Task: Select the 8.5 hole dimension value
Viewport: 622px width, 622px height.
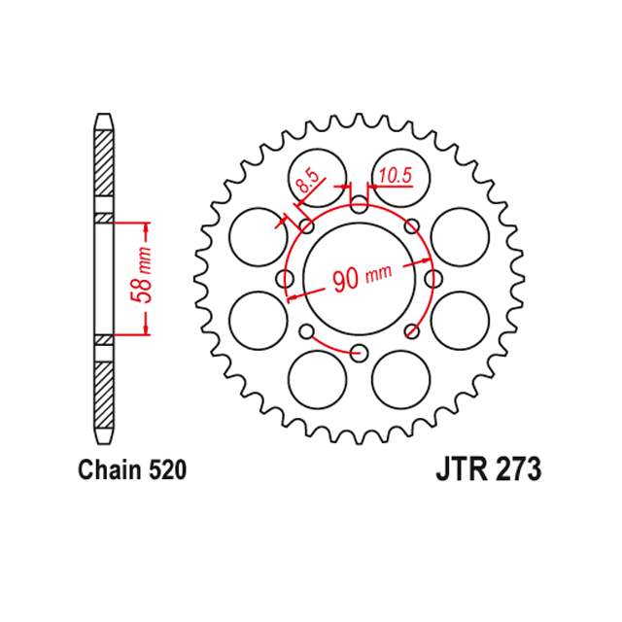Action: pos(307,181)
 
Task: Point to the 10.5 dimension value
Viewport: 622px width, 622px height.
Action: pos(396,176)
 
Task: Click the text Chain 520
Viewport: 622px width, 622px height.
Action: pos(132,470)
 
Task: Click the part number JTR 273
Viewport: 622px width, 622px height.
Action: pos(488,469)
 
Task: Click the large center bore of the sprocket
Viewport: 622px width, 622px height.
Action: pos(359,279)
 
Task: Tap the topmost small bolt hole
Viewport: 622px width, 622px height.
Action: pos(359,204)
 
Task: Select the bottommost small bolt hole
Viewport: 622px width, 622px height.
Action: pos(359,353)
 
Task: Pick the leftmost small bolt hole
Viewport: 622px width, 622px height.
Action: pos(285,279)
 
